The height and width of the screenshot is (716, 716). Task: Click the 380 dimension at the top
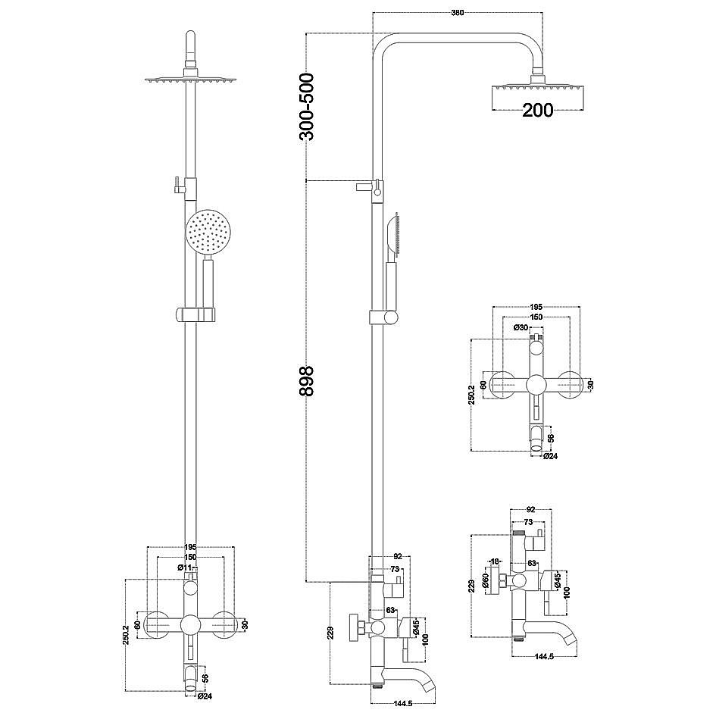[457, 11]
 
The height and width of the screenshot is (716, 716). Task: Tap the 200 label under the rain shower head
[537, 110]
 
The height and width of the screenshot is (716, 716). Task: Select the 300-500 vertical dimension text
[307, 107]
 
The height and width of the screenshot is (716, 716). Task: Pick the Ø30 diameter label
[521, 327]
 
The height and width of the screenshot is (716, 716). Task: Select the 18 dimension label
[494, 561]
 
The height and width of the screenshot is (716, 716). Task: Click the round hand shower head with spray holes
[206, 233]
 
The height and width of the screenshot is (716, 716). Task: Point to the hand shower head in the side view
[392, 235]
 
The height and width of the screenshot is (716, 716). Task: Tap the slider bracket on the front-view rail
[197, 314]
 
